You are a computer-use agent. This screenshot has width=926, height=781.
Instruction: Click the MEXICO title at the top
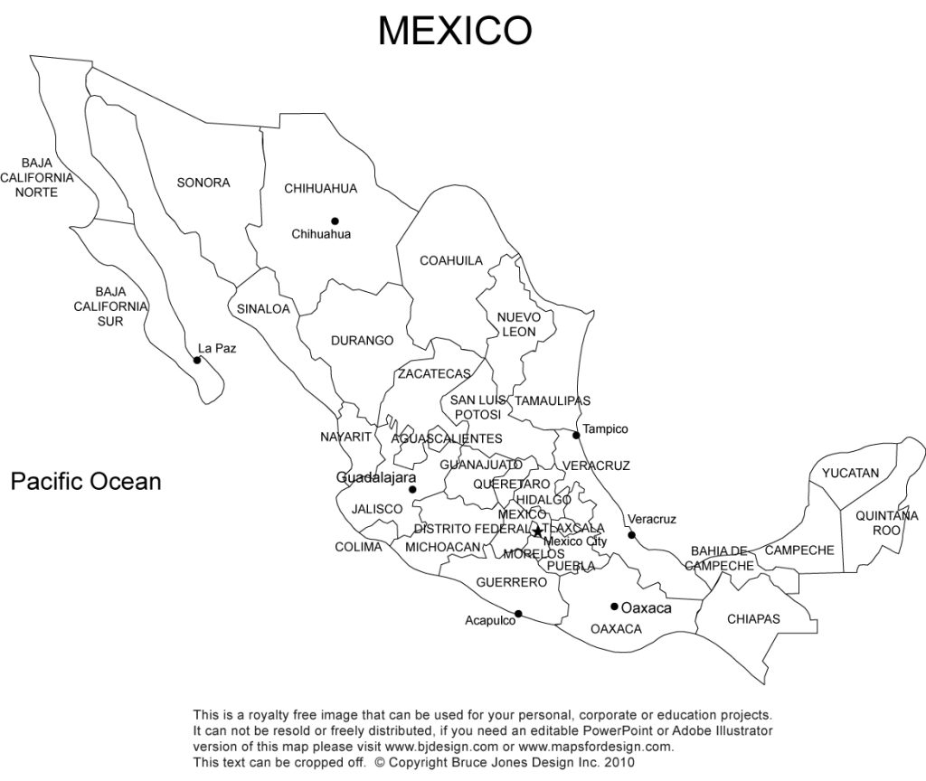click(454, 31)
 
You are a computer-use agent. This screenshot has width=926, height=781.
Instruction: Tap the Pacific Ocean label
click(86, 481)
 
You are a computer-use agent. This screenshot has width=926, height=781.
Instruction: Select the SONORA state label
click(203, 183)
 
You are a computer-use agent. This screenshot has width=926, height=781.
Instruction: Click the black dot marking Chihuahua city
click(335, 221)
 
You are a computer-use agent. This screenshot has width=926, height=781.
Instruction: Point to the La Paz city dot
click(197, 360)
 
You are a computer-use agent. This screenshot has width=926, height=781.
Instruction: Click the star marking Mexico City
click(537, 532)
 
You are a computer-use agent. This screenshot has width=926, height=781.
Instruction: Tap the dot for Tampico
click(576, 436)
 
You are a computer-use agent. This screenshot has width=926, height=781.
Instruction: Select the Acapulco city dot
click(518, 614)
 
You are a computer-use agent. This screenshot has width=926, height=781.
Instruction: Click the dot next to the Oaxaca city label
click(614, 607)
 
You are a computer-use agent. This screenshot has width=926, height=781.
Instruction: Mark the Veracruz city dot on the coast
click(632, 535)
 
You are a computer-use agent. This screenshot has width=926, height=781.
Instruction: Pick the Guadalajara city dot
click(413, 490)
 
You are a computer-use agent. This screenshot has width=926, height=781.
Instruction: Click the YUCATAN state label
click(850, 473)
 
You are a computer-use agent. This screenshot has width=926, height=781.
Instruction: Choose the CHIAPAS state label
click(753, 619)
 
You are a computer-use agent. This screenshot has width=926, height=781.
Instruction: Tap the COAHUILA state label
click(451, 260)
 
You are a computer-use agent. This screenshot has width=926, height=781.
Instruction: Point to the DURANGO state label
click(362, 341)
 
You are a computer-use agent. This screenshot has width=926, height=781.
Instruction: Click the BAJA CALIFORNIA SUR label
click(110, 306)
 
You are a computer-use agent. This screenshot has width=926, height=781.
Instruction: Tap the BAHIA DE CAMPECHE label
click(720, 558)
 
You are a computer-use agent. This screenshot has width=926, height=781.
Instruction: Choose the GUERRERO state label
click(511, 582)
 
